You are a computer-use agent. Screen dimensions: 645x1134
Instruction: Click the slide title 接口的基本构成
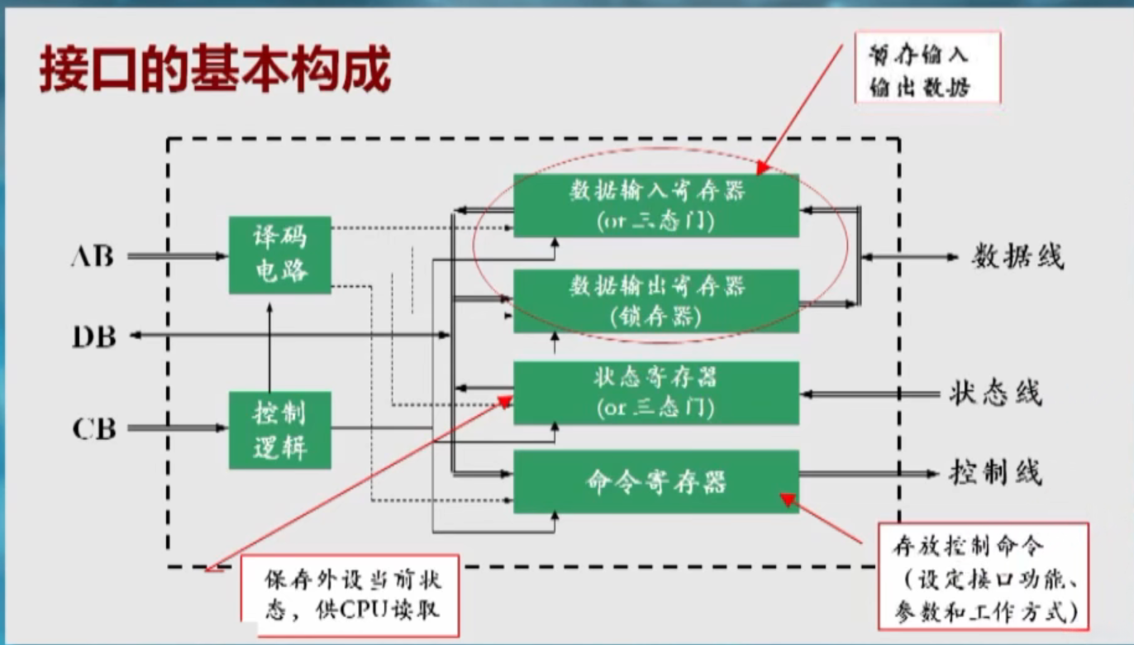pyautogui.click(x=213, y=70)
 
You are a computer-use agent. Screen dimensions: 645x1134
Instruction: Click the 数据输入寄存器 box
pyautogui.click(x=656, y=205)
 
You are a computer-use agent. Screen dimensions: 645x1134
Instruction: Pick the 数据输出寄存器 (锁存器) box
pyautogui.click(x=656, y=301)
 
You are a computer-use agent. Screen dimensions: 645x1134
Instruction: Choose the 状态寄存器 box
pyautogui.click(x=656, y=393)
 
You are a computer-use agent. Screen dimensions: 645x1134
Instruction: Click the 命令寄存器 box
pyautogui.click(x=656, y=481)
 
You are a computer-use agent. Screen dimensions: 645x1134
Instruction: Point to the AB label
pyautogui.click(x=92, y=256)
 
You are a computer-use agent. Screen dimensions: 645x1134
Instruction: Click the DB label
pyautogui.click(x=93, y=336)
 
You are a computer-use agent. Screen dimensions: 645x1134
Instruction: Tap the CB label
pyautogui.click(x=93, y=429)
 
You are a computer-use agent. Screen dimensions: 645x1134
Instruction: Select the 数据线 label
pyautogui.click(x=1017, y=257)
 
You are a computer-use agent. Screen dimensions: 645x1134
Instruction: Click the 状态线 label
pyautogui.click(x=995, y=393)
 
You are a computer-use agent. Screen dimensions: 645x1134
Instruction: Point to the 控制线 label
pyautogui.click(x=995, y=472)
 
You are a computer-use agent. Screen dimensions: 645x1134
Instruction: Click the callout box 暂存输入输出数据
pyautogui.click(x=927, y=69)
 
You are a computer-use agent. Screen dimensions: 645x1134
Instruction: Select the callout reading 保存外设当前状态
pyautogui.click(x=350, y=594)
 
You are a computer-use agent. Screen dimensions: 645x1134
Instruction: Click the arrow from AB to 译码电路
pyautogui.click(x=177, y=256)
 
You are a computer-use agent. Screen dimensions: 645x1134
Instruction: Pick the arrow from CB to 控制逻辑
pyautogui.click(x=177, y=428)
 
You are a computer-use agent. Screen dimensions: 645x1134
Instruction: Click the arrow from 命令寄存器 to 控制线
pyautogui.click(x=868, y=474)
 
